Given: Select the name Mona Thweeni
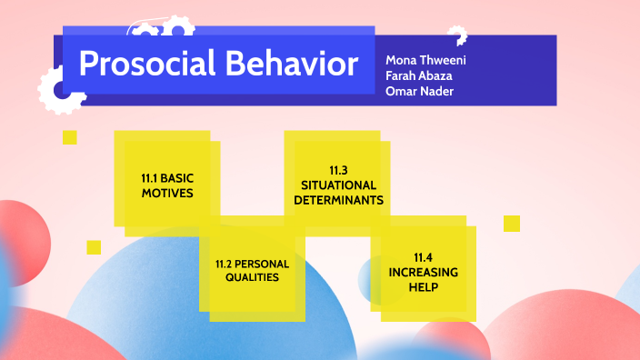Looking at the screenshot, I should pos(425,60).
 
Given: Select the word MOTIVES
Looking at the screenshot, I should pos(167,193).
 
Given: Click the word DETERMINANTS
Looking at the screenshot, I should pos(339,199).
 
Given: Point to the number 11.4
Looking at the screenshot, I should pos(424,257).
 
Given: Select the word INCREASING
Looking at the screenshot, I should pos(424,272).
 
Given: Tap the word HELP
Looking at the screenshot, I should pos(424,286).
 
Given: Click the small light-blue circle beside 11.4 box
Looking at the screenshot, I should pos(373,278).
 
